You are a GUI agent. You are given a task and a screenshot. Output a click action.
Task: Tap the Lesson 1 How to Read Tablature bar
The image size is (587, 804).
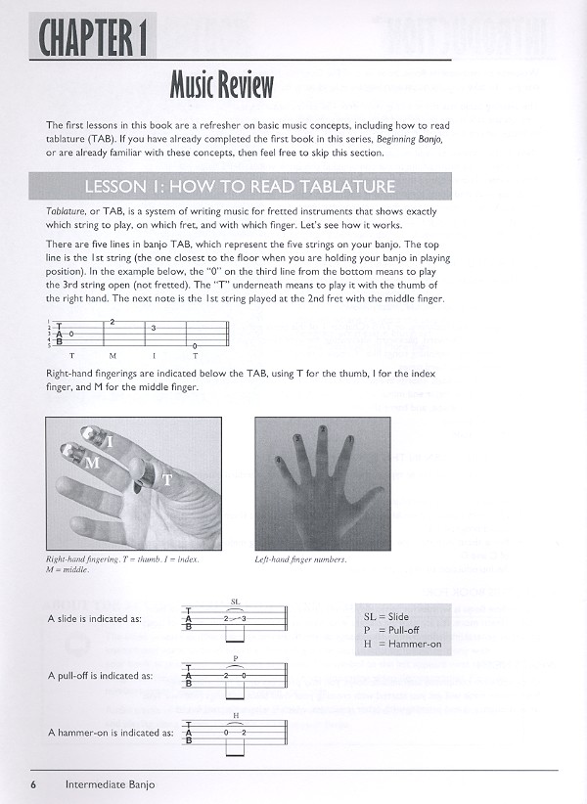pos(240,186)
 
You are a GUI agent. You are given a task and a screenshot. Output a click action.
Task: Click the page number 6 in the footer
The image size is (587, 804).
pos(33,783)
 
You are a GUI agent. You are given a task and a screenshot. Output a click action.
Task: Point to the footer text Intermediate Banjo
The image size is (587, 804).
pos(110,783)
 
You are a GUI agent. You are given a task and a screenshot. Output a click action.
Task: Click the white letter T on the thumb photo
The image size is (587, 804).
pos(167,479)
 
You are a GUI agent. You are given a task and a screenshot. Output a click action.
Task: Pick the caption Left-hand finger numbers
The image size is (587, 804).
pos(300,560)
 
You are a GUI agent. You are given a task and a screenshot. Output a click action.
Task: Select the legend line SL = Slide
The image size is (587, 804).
pos(384,618)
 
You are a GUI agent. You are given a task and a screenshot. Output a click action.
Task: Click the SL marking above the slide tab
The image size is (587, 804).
pos(235,602)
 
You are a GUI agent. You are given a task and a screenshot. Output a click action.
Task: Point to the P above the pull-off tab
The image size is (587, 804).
pos(235,658)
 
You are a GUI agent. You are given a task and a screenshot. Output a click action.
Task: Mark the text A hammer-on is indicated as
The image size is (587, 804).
pos(111,732)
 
